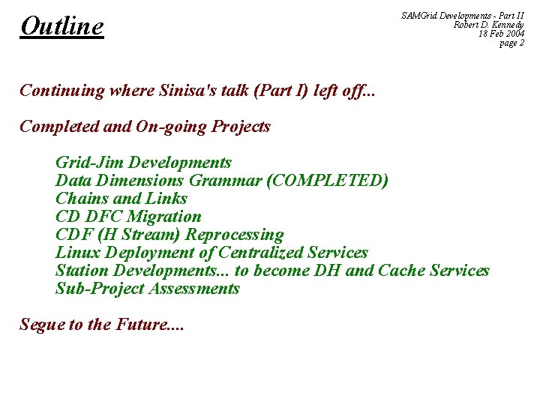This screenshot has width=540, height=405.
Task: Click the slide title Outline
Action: pyautogui.click(x=62, y=27)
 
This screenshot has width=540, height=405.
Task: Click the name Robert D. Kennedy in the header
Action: pyautogui.click(x=488, y=25)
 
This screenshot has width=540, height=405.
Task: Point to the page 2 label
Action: pyautogui.click(x=512, y=43)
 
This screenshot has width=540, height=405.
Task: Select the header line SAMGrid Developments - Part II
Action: pyautogui.click(x=463, y=15)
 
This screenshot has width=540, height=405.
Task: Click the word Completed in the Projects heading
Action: pyautogui.click(x=58, y=127)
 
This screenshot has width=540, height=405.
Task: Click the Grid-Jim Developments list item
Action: pyautogui.click(x=143, y=163)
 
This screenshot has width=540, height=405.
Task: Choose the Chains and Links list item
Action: pyautogui.click(x=121, y=199)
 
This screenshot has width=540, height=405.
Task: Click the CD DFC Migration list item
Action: pyautogui.click(x=128, y=217)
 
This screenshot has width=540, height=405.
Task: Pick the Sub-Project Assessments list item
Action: pyautogui.click(x=147, y=289)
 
